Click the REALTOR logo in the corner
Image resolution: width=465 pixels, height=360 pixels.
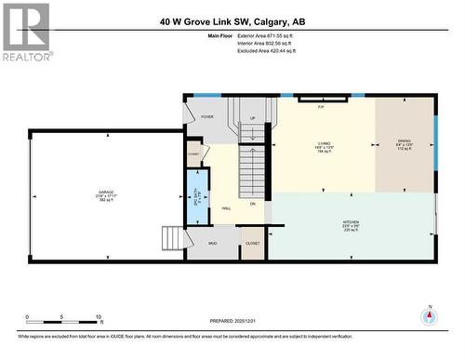25,33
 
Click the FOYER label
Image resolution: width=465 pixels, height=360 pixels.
207,117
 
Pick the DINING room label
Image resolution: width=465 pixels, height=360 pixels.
404,144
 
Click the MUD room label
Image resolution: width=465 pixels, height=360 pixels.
212,242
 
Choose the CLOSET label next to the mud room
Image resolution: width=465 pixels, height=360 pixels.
253,242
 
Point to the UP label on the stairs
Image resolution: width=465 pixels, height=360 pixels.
252,119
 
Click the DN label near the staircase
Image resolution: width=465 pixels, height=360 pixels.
252,203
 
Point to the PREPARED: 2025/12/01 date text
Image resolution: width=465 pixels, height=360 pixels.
224,321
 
